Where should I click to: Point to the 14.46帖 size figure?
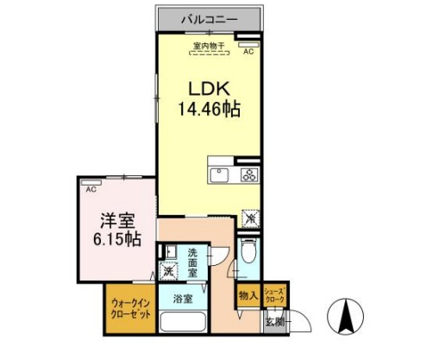point(209,110)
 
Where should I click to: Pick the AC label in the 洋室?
point(90,187)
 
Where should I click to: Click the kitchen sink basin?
point(219,175)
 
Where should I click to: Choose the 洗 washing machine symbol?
point(169,271)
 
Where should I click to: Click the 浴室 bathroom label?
point(181,300)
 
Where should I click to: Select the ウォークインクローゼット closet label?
point(131,309)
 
